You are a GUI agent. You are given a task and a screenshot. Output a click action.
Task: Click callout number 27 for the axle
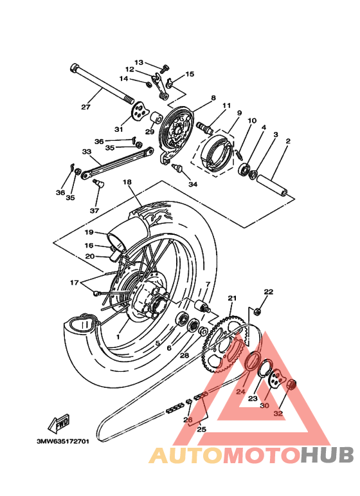point(85,107)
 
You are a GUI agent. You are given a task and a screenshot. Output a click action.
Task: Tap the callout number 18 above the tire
point(127,183)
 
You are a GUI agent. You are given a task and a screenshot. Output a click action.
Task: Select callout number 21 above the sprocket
point(232,298)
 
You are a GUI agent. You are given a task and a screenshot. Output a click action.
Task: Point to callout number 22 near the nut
point(268,291)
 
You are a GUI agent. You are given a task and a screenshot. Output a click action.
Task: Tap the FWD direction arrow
point(59,424)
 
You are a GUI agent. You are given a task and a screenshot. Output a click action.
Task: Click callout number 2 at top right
point(288,141)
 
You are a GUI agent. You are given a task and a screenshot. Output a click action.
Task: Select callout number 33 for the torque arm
point(87,152)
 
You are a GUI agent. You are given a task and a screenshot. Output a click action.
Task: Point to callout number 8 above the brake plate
point(213,98)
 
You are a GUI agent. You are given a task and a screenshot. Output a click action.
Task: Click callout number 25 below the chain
point(201,429)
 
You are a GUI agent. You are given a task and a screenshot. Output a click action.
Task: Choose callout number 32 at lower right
point(278,414)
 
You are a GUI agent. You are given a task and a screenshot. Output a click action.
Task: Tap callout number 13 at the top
point(139,62)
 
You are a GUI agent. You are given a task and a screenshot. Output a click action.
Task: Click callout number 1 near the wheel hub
point(118,336)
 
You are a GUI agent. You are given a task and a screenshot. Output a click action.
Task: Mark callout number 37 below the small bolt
point(94,210)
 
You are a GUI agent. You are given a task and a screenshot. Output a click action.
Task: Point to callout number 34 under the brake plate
point(193,184)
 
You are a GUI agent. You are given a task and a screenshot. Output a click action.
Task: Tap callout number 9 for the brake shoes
point(239,113)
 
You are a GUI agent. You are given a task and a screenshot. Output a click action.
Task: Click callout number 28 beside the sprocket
point(184,355)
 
